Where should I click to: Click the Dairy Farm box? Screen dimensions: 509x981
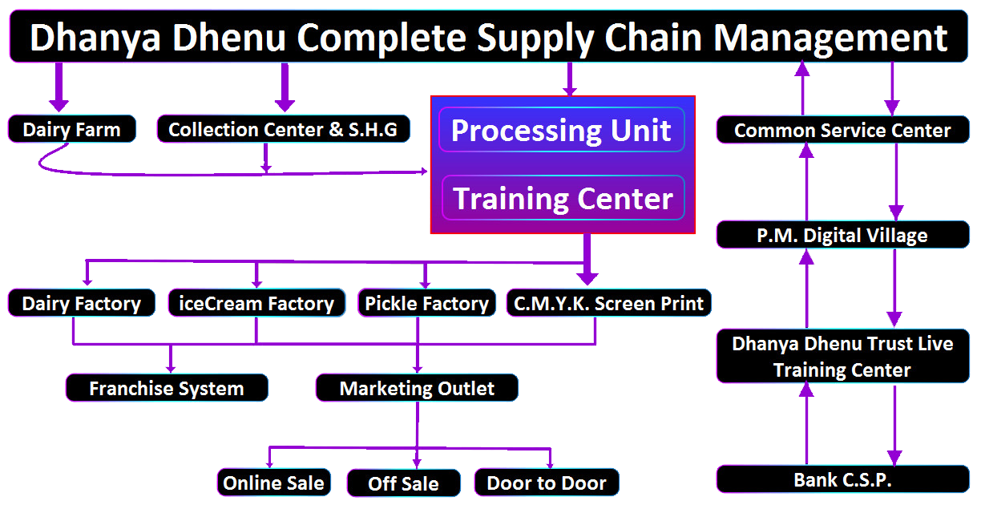(x=71, y=130)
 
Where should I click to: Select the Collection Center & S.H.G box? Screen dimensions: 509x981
(x=283, y=130)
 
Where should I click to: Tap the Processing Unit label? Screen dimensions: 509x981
(x=561, y=131)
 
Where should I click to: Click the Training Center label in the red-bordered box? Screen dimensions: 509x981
(x=563, y=198)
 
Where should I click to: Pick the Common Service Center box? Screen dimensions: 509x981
(x=842, y=131)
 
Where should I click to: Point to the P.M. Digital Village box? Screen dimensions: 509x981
(x=842, y=236)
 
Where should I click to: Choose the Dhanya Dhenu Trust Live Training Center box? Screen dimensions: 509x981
(x=842, y=357)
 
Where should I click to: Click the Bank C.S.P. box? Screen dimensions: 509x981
(x=842, y=479)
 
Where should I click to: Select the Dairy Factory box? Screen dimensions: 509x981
(x=81, y=304)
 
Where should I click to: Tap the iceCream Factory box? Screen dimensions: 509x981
(x=256, y=304)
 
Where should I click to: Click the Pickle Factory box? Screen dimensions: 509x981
(x=426, y=304)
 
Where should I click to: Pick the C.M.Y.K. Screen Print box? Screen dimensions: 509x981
(x=609, y=304)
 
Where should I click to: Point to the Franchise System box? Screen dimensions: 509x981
(x=167, y=389)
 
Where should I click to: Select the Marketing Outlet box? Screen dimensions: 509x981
(x=417, y=389)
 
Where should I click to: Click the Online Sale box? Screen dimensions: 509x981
(x=273, y=483)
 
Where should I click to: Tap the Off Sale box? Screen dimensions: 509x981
(x=403, y=483)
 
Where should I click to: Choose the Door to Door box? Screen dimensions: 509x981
(x=547, y=483)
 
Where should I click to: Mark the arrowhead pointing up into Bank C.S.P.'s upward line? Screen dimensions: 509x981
(x=807, y=390)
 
